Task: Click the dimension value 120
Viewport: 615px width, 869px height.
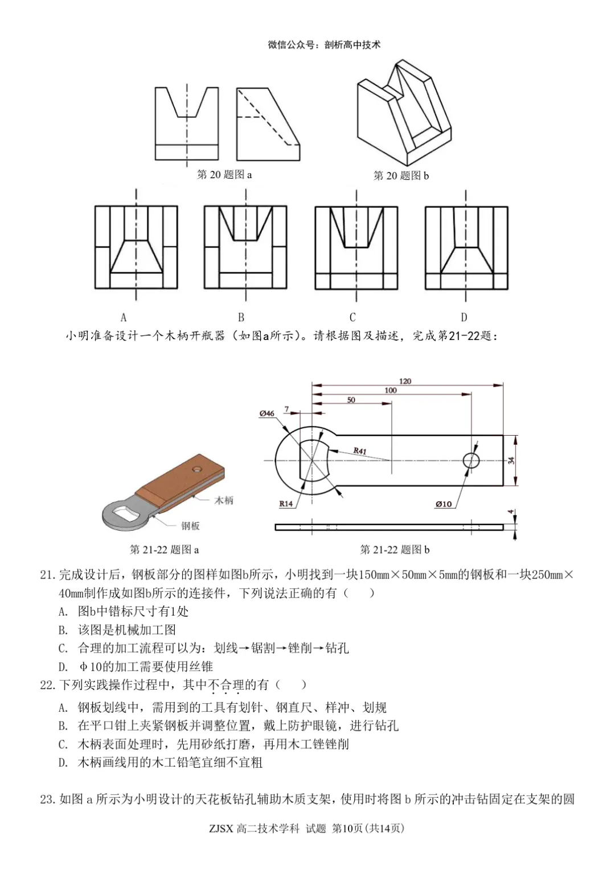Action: click(x=405, y=381)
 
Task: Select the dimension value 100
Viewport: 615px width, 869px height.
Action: click(x=391, y=390)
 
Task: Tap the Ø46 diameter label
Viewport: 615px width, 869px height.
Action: click(x=266, y=413)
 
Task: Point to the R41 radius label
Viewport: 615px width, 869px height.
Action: click(x=360, y=450)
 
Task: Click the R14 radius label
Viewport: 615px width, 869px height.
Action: click(x=286, y=503)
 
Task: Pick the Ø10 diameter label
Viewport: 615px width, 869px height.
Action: click(x=443, y=503)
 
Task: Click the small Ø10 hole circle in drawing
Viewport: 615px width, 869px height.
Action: click(x=471, y=460)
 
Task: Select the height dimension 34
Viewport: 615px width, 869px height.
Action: click(x=511, y=460)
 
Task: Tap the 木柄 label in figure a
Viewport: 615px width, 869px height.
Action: click(x=224, y=500)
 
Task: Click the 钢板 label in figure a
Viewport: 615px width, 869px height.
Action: click(x=191, y=526)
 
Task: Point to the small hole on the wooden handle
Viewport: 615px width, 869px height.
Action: click(x=197, y=469)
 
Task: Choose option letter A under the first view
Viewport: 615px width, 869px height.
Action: click(x=124, y=317)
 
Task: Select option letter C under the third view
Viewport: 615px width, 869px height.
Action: click(x=352, y=317)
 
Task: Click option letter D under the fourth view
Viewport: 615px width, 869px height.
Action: click(x=464, y=317)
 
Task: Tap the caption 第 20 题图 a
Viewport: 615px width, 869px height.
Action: click(x=224, y=174)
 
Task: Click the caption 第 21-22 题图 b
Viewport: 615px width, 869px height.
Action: click(x=395, y=550)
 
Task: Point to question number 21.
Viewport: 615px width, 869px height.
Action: click(x=47, y=575)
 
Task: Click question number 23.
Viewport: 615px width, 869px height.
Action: click(x=47, y=799)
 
